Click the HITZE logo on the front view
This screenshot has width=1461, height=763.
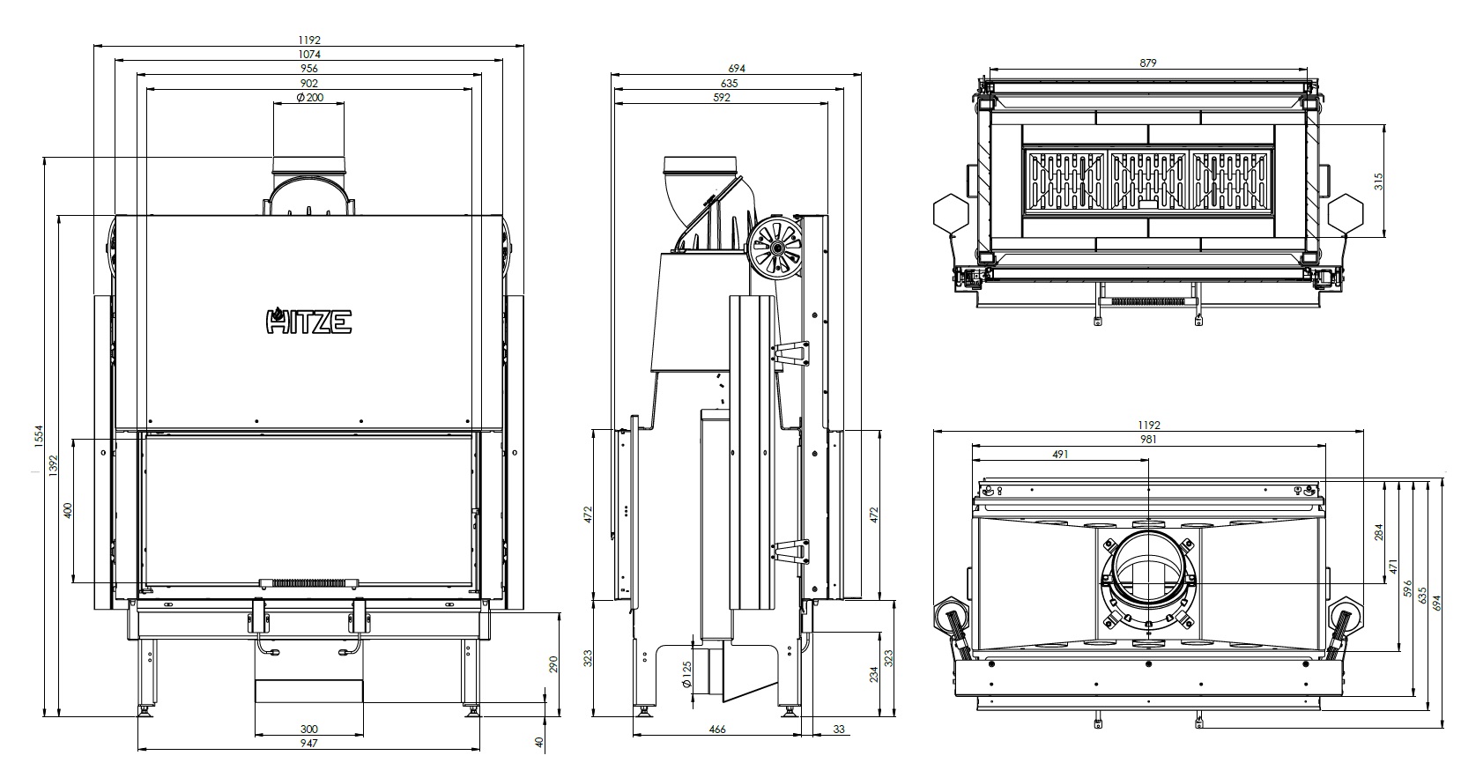coord(308,321)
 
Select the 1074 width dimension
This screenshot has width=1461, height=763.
coord(309,54)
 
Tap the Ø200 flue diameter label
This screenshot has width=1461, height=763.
coord(309,97)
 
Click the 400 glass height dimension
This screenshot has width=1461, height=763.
coord(68,510)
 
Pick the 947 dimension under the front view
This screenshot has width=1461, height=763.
coord(308,744)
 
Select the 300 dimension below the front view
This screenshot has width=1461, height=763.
coord(308,730)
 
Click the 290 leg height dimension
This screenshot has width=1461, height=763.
coord(553,664)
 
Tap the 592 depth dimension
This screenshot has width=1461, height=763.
coord(722,97)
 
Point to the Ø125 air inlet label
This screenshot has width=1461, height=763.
coord(686,675)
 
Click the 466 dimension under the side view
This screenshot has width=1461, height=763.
coord(716,730)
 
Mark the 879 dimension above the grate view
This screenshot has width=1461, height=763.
coord(1148,63)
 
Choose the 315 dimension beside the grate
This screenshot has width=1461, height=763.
coord(1378,181)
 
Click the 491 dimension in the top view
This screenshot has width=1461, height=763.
coord(1061,454)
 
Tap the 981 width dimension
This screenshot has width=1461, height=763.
coord(1148,440)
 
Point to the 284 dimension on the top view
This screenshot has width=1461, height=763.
coord(1378,532)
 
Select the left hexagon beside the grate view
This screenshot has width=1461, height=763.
coord(951,212)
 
